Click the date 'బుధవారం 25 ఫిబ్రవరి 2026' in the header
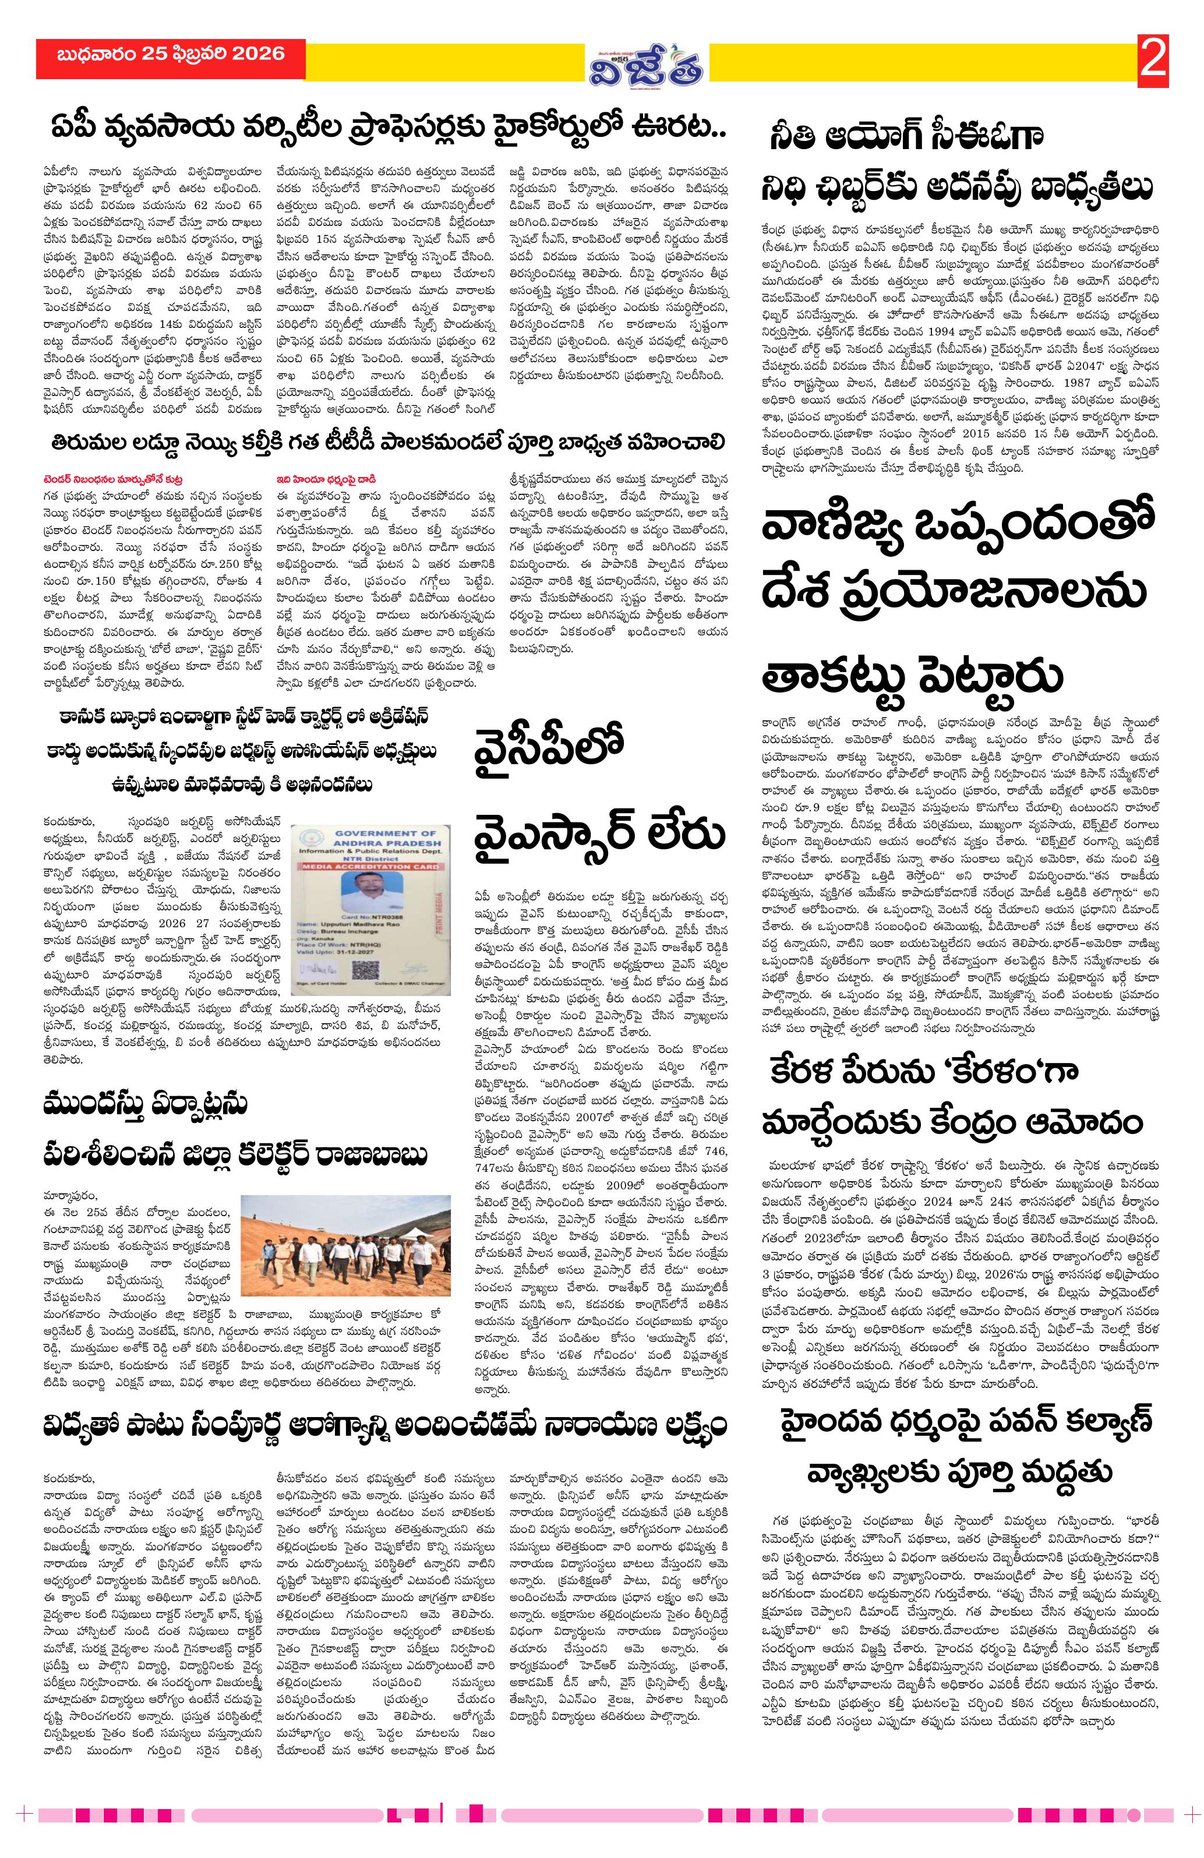[x=170, y=55]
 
